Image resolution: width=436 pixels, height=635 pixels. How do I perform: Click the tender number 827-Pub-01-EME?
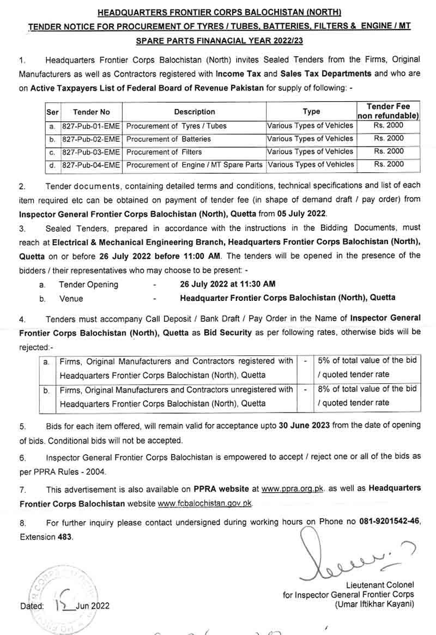[x=92, y=126]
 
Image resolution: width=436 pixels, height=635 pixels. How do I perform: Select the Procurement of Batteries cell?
[x=168, y=139]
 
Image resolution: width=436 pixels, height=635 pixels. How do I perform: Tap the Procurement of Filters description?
[x=164, y=152]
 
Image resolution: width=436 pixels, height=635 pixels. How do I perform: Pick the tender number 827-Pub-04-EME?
[x=92, y=165]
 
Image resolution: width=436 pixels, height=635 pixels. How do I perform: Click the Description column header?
[x=195, y=112]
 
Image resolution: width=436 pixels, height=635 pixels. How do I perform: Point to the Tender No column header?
[x=92, y=112]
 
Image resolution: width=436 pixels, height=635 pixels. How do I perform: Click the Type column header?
[x=311, y=112]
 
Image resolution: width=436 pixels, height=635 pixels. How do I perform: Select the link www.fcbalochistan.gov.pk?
[x=205, y=504]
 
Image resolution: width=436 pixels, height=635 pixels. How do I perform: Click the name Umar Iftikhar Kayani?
[x=374, y=604]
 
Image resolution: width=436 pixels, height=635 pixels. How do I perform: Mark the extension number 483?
[x=64, y=536]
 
